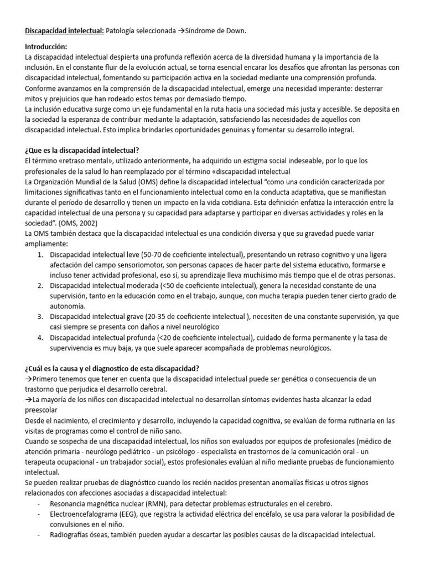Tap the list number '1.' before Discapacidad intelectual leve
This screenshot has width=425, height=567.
[40, 255]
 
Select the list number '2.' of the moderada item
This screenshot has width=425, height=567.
[40, 285]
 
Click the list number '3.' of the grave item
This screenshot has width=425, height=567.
[40, 316]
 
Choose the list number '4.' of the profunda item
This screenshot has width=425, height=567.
[40, 337]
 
